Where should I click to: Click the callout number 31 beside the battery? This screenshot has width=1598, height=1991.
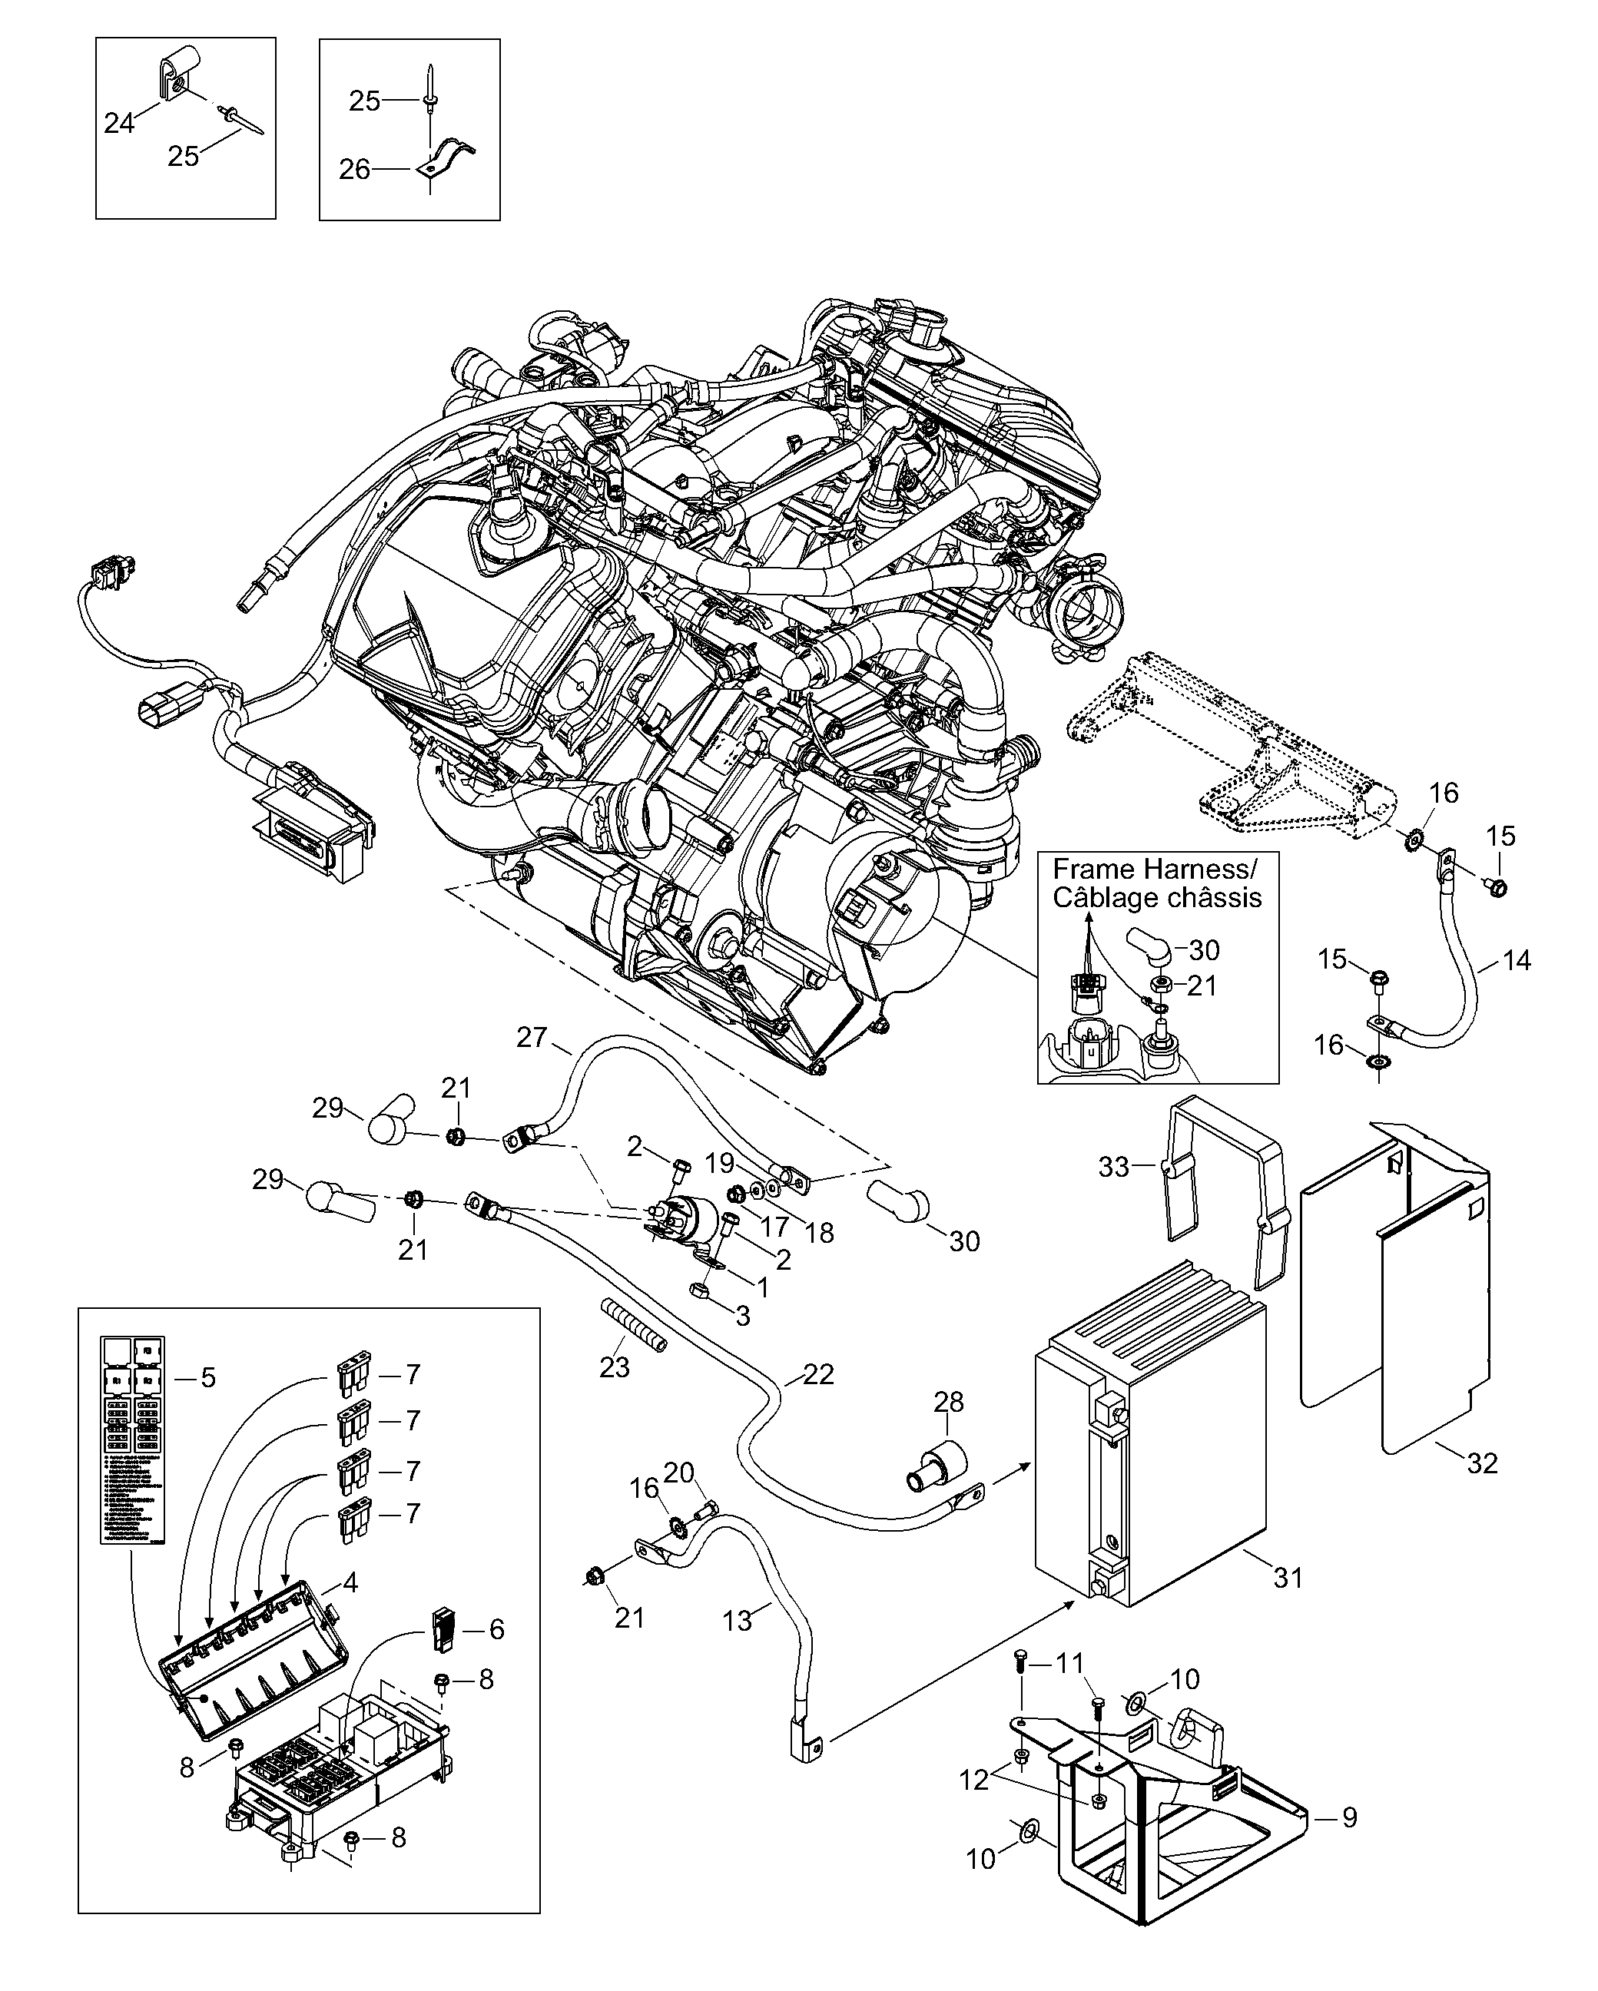pos(1288,1577)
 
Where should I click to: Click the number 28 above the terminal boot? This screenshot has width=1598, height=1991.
pos(948,1402)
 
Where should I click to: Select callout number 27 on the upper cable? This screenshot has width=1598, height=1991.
pos(532,1037)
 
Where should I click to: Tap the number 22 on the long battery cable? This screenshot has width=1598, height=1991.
pos(818,1400)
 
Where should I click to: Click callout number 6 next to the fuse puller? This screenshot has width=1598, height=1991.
pos(496,1629)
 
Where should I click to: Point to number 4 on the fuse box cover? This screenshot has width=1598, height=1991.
pos(350,1582)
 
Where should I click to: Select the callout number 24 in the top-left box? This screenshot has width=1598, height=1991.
pos(119,122)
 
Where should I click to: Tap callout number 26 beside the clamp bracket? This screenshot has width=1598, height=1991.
pos(353,169)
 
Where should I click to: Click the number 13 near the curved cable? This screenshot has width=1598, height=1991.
pos(737,1621)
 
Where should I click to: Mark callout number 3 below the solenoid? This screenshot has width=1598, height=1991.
pos(743,1316)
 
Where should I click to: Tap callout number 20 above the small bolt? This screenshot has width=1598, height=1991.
pos(679,1473)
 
